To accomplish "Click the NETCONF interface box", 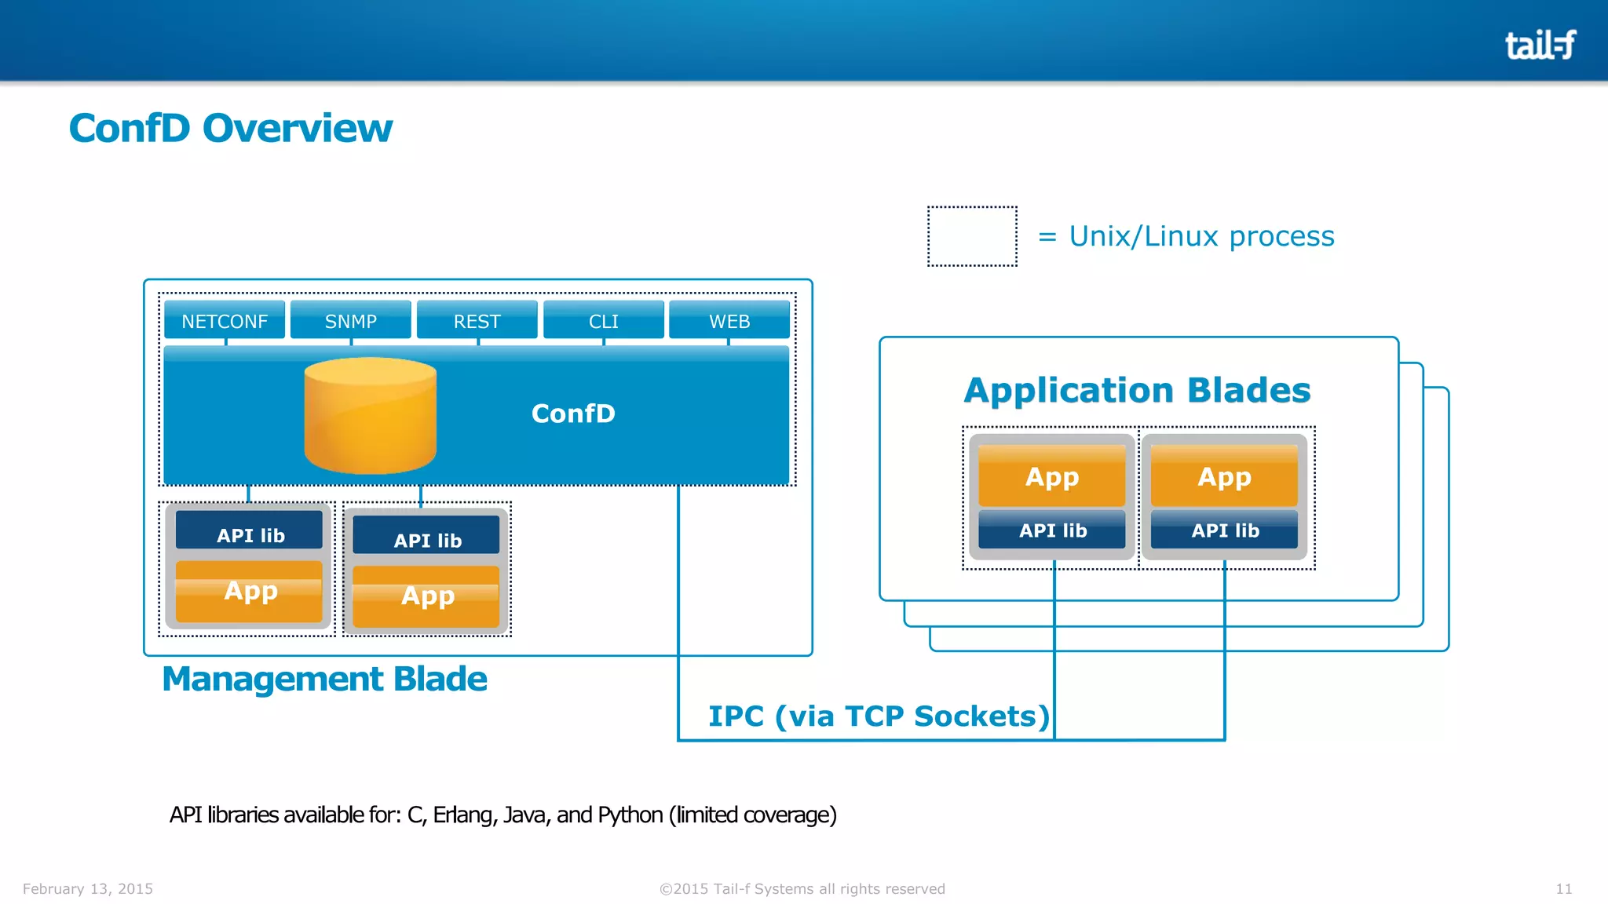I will pyautogui.click(x=225, y=321).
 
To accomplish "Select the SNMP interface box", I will pyautogui.click(x=351, y=321).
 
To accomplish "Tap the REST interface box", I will pyautogui.click(x=477, y=321).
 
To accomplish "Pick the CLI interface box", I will pyautogui.click(x=603, y=321).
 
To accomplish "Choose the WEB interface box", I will pyautogui.click(x=729, y=321).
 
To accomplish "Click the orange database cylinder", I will pyautogui.click(x=370, y=416).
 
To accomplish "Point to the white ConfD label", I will pyautogui.click(x=573, y=414).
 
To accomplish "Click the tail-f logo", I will pyautogui.click(x=1540, y=45).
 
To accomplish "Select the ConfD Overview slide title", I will pyautogui.click(x=231, y=128).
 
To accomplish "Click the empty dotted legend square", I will pyautogui.click(x=972, y=236).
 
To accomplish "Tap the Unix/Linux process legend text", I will pyautogui.click(x=1201, y=236).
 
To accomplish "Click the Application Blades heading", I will pyautogui.click(x=1137, y=390).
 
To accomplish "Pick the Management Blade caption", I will pyautogui.click(x=324, y=679).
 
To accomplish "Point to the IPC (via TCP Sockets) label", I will pyautogui.click(x=879, y=716).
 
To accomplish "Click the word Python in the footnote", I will pyautogui.click(x=630, y=815).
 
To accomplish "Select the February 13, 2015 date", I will pyautogui.click(x=88, y=888).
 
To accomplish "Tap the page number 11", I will pyautogui.click(x=1563, y=888).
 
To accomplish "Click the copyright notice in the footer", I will pyautogui.click(x=802, y=888).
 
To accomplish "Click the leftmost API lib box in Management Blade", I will pyautogui.click(x=250, y=534).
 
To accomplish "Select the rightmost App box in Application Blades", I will pyautogui.click(x=1224, y=476).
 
